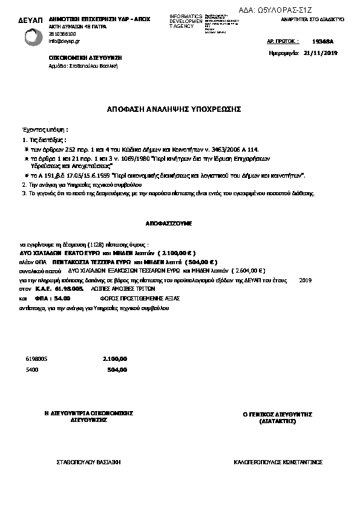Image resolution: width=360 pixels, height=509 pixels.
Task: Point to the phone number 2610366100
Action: click(x=62, y=34)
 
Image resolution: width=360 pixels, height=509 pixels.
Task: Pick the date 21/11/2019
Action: click(x=321, y=53)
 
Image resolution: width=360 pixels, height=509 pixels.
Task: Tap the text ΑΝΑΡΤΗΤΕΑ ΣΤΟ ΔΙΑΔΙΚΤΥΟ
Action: click(x=313, y=19)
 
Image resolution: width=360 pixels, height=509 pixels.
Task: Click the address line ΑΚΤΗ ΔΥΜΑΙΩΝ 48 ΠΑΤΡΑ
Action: click(x=75, y=28)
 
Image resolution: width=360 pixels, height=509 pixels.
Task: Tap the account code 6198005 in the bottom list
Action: click(x=36, y=358)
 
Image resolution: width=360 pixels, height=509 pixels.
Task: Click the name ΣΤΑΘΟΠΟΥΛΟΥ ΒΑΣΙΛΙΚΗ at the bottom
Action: click(x=89, y=462)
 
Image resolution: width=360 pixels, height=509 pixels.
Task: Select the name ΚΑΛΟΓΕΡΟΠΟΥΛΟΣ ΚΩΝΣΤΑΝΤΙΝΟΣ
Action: click(x=278, y=462)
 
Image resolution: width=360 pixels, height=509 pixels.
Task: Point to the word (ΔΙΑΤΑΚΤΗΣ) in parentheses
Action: click(x=277, y=420)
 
